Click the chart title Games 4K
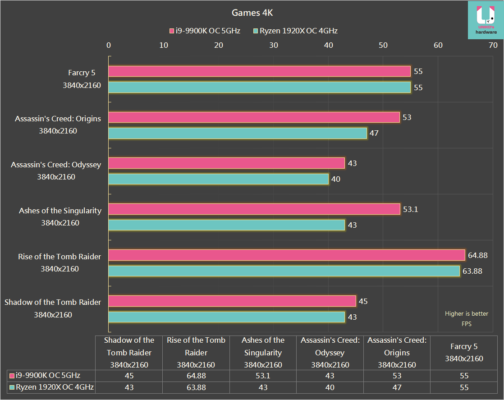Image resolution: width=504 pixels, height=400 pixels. coord(252,13)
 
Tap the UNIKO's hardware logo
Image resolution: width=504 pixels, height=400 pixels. coord(486,20)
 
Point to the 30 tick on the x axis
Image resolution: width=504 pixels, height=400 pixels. coord(273,45)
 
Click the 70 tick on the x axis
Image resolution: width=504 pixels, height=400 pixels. coord(493,45)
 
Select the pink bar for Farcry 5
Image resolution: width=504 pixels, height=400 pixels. coord(259,71)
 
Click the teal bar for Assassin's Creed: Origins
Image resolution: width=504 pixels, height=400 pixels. coord(238,133)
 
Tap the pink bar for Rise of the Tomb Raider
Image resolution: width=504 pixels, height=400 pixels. coord(286,255)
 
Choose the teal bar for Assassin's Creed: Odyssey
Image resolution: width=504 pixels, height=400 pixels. coord(218,179)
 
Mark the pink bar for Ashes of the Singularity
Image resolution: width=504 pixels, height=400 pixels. coord(254,209)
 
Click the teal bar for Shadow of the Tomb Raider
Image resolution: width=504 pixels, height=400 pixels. coord(226,317)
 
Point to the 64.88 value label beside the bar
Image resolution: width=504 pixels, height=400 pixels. coord(478,255)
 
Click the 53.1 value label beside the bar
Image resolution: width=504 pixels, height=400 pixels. coord(410,209)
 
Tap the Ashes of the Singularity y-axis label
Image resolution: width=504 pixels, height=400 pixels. coord(60,211)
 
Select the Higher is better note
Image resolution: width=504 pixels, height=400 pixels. coord(466,313)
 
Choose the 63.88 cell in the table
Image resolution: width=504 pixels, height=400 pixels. coord(196,387)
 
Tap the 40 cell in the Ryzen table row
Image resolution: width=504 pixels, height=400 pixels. coord(330,387)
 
